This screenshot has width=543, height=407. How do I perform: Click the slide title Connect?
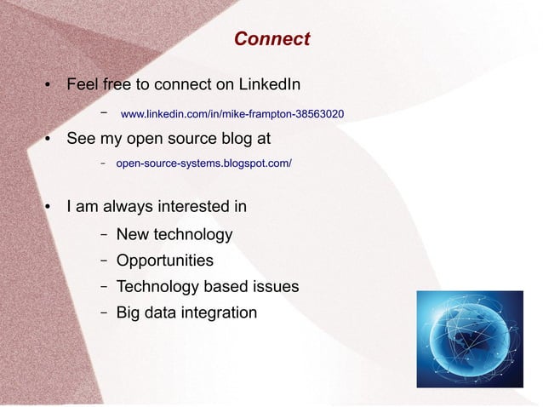pyautogui.click(x=271, y=39)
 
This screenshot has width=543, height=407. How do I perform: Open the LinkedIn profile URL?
pyautogui.click(x=232, y=113)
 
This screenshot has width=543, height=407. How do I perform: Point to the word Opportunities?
pyautogui.click(x=164, y=261)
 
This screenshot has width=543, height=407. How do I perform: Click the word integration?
pyautogui.click(x=217, y=312)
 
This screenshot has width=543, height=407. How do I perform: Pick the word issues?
pyautogui.click(x=274, y=286)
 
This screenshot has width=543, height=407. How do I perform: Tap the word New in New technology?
pyautogui.click(x=132, y=234)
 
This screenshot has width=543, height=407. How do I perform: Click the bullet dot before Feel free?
pyautogui.click(x=49, y=86)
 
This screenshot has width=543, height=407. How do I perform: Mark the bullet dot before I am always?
pyautogui.click(x=49, y=207)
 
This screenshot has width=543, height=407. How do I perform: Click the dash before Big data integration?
pyautogui.click(x=102, y=312)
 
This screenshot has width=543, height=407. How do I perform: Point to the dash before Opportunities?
pyautogui.click(x=102, y=261)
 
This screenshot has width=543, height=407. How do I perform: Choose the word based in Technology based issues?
pyautogui.click(x=223, y=286)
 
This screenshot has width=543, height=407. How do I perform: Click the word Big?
pyautogui.click(x=129, y=312)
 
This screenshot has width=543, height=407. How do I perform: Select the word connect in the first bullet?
pyautogui.click(x=182, y=85)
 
